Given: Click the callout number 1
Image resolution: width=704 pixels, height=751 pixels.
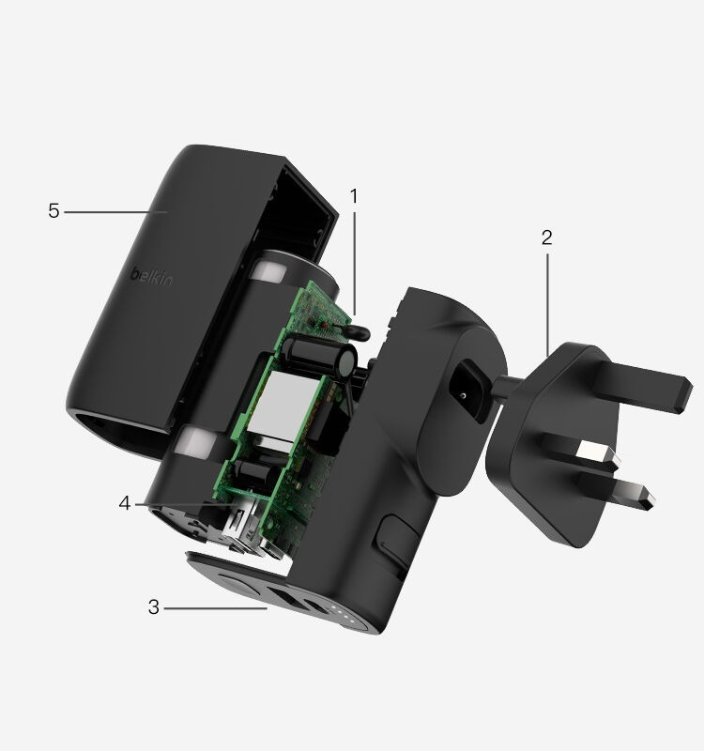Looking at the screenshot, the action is [354, 196].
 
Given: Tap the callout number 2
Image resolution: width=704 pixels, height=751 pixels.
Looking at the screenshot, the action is [547, 238].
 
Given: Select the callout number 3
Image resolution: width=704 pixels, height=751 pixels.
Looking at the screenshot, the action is [153, 607].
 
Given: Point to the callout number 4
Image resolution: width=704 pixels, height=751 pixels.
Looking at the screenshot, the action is [125, 503].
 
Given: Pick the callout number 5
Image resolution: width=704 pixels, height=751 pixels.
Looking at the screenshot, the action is [54, 210].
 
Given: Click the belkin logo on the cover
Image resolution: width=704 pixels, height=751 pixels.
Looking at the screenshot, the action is [152, 276].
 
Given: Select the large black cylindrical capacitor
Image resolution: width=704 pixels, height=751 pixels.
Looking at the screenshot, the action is [319, 356].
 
